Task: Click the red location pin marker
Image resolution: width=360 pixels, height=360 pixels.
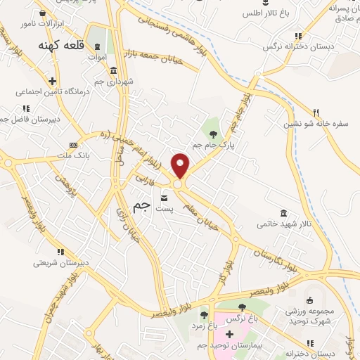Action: click(181, 165)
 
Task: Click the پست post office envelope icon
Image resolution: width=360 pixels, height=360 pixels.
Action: click(164, 198)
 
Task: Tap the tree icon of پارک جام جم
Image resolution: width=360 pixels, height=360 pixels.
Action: click(212, 132)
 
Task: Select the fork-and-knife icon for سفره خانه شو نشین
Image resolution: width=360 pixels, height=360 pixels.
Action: click(316, 112)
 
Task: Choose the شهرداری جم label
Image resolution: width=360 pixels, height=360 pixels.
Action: click(117, 81)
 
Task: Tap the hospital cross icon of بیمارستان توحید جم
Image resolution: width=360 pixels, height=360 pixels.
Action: click(229, 333)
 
